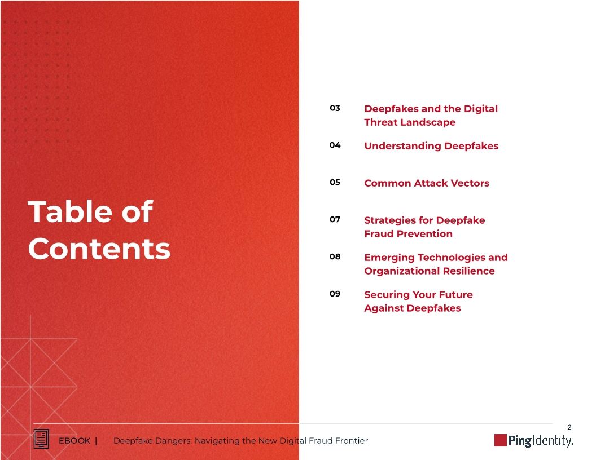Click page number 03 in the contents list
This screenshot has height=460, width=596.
pos(335,108)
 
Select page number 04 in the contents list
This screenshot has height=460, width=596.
pos(335,145)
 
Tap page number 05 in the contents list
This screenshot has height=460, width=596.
pos(335,183)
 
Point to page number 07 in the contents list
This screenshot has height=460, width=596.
pos(335,220)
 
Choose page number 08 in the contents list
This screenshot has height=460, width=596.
pos(335,257)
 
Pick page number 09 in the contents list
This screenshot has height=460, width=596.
pos(335,294)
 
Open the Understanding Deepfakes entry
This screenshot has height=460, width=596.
pos(431,146)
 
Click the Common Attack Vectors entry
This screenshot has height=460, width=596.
pos(427,183)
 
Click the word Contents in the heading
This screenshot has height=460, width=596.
pos(99,249)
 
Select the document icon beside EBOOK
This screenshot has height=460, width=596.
pos(41,439)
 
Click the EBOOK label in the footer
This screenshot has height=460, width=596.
pos(74,441)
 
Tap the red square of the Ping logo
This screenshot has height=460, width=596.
pos(500,440)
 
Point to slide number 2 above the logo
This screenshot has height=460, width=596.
pos(569,427)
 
